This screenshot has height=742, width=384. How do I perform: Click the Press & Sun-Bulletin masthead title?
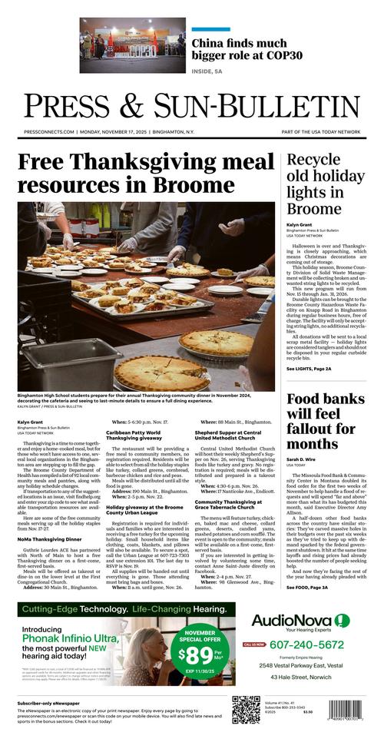(x=192, y=106)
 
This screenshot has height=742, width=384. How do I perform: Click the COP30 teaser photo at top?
(x=133, y=45)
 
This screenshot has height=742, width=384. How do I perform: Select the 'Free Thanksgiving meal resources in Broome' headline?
(x=144, y=174)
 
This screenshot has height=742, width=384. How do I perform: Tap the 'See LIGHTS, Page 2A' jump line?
(x=310, y=369)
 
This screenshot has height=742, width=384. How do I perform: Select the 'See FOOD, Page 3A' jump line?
(x=307, y=588)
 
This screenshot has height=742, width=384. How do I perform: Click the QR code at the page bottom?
(x=246, y=711)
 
